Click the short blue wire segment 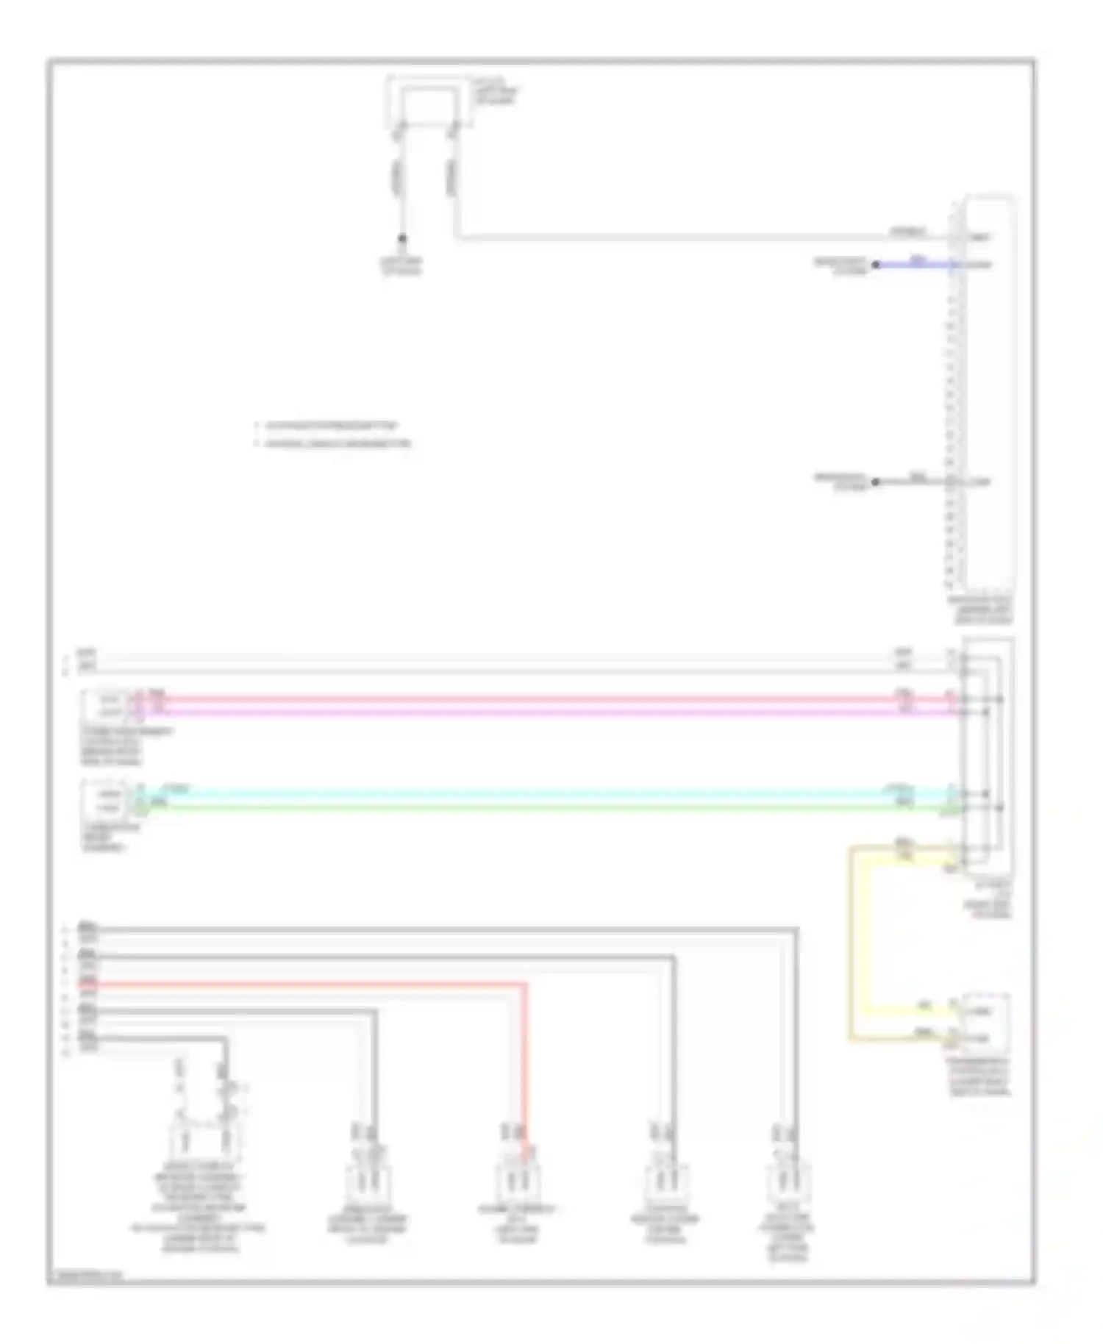(x=912, y=264)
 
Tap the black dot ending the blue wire (x=875, y=264)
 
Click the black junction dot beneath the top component (x=401, y=239)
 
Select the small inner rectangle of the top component (x=427, y=104)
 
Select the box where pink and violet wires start (x=106, y=706)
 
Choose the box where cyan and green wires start (x=106, y=801)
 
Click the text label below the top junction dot (x=401, y=266)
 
